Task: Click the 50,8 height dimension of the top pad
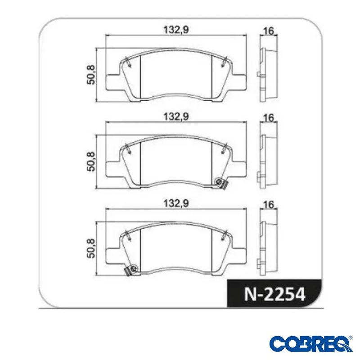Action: tap(91, 74)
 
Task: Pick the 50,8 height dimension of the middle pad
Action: tap(91, 161)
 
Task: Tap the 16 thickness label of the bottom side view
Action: tap(269, 205)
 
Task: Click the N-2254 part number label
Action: tap(275, 295)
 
